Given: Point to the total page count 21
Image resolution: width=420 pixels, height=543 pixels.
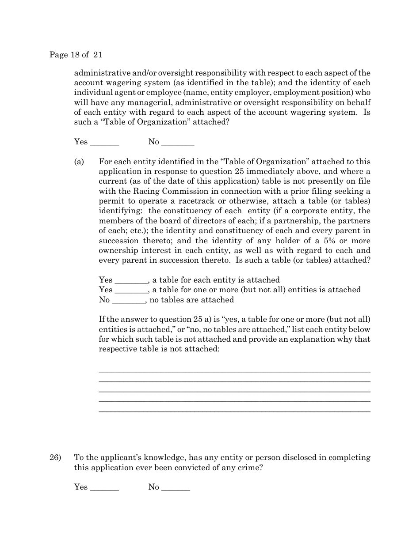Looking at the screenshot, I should [x=98, y=55].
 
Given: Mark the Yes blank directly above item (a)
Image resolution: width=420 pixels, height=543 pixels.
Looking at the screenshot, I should [x=104, y=143].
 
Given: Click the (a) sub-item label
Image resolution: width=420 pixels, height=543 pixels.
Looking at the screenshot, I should [x=79, y=162].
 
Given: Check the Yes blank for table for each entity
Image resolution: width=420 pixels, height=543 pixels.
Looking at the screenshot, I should [x=130, y=280].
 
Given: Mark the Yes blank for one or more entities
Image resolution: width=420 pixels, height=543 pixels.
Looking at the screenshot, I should [x=130, y=290].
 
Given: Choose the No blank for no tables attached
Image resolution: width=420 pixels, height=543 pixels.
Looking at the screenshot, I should [x=128, y=301].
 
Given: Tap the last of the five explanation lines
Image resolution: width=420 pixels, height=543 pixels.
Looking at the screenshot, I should [x=234, y=411].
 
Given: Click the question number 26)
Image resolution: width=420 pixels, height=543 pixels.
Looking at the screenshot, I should [x=55, y=458].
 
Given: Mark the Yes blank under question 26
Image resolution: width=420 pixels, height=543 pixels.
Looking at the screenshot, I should [x=104, y=488].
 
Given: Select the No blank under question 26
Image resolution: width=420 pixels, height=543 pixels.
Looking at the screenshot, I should [x=176, y=488].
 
